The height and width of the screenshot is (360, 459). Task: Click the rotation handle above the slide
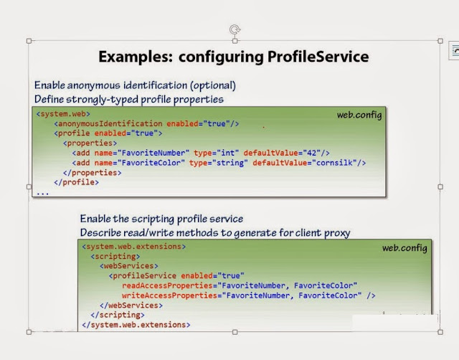click(x=235, y=29)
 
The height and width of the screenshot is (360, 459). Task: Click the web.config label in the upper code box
click(x=359, y=115)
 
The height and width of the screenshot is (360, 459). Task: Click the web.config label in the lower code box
click(x=404, y=248)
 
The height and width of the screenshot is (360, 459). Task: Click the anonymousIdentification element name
click(x=110, y=123)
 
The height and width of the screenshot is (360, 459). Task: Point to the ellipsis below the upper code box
click(x=42, y=192)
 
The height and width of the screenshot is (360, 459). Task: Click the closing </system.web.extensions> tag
click(x=136, y=325)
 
